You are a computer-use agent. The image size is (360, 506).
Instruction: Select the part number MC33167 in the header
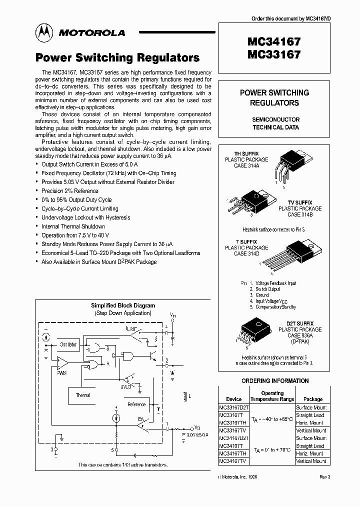coord(273,54)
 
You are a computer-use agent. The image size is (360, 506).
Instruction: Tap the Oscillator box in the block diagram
coord(68,344)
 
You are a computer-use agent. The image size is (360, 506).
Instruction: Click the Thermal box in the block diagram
coord(83,395)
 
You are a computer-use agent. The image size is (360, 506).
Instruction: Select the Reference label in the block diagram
coord(136,404)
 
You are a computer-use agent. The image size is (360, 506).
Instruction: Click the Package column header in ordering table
coord(313,399)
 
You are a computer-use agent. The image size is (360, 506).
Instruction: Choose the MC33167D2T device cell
coord(233,407)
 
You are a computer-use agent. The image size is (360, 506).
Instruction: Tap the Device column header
coord(233,399)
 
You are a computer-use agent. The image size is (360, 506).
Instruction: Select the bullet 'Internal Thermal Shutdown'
coord(73,226)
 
